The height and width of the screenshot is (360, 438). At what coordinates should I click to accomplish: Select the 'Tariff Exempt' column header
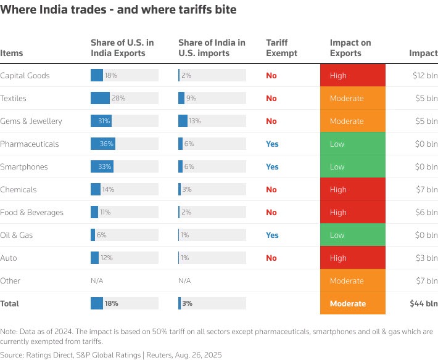coord(281,47)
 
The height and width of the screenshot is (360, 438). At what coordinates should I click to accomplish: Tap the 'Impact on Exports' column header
coord(350,47)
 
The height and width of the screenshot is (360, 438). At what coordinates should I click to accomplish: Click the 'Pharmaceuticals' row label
coord(29,144)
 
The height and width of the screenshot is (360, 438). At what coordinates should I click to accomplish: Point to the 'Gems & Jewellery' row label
coord(31,121)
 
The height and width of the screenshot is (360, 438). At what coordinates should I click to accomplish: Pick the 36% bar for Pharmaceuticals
coord(103,144)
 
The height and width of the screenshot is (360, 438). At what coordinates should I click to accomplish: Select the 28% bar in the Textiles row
coord(100,98)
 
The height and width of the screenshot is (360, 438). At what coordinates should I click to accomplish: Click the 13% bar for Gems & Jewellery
coord(183,121)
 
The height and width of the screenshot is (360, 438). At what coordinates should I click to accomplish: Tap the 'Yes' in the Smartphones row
coord(272,166)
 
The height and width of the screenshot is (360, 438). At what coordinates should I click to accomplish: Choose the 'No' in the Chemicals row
coord(271,189)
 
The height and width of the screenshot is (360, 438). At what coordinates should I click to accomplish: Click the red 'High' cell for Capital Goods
coord(352,75)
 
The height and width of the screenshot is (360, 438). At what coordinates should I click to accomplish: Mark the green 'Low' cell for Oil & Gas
coord(352,235)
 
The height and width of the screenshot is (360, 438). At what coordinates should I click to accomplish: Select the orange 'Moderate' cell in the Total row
coord(352,303)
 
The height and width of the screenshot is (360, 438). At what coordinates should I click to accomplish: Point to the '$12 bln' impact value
coord(425,75)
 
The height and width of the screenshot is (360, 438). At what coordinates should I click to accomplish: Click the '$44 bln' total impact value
coord(423,303)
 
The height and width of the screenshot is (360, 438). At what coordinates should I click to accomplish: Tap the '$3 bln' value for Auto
coord(427,258)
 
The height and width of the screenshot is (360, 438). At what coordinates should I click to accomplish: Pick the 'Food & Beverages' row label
coord(31,212)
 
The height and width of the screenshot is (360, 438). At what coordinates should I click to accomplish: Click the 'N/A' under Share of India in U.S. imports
coord(184,280)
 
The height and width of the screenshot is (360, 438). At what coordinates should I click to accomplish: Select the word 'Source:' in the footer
coord(13,354)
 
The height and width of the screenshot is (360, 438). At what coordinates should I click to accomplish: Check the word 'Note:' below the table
coord(10,331)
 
